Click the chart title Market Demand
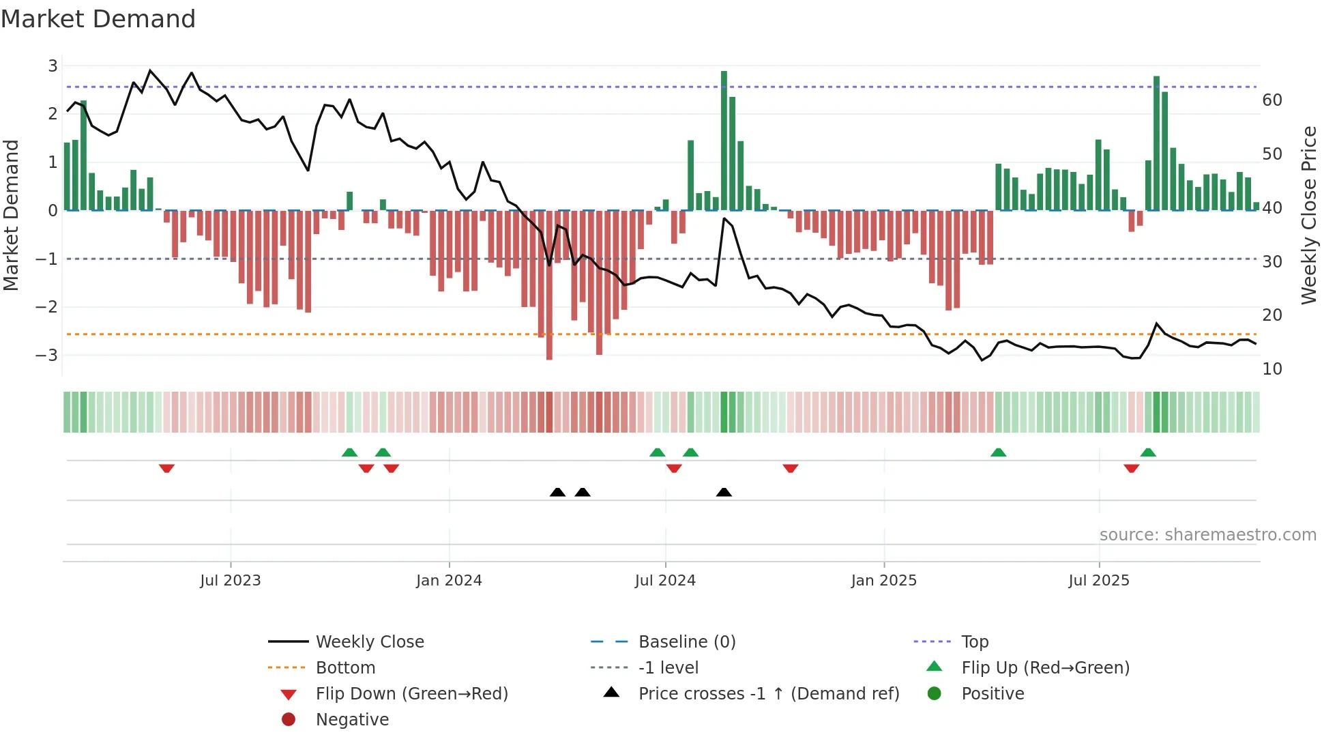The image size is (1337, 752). point(98,19)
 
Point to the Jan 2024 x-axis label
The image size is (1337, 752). point(449,581)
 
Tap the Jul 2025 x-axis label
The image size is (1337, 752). point(1099,581)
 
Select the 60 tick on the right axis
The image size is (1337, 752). point(1272,100)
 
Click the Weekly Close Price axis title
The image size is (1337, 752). point(1308,215)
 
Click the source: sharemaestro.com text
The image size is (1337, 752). point(1207,535)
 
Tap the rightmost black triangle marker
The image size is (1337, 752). point(724,492)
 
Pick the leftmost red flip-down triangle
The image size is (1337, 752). point(166,468)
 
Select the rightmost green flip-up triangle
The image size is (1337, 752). point(1148,452)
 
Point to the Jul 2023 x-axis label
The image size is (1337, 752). point(231,581)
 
